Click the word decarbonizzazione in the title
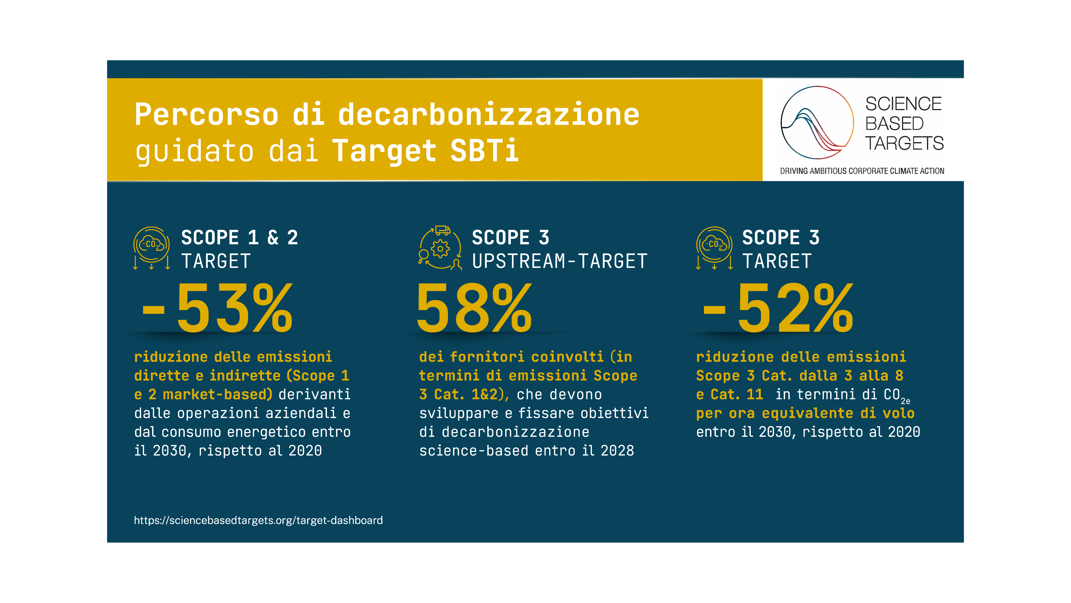coord(489,114)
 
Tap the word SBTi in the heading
coord(484,151)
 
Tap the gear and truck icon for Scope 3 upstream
coord(440,248)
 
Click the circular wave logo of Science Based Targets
coord(817,123)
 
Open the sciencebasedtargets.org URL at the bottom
coord(258,520)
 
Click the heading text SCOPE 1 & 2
coord(239,237)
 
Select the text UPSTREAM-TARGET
coord(560,261)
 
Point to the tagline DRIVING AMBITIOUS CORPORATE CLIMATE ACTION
coord(862,171)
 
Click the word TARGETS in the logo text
coord(904,144)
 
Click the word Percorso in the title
coord(207,114)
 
